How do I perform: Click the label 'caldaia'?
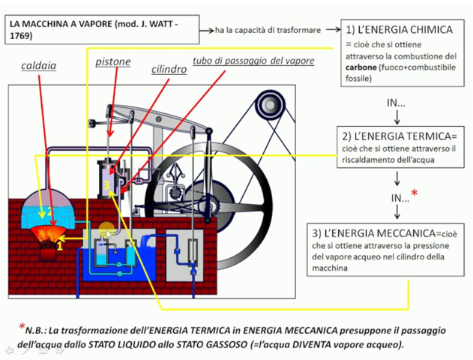click(x=38, y=66)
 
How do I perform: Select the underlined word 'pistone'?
click(x=113, y=61)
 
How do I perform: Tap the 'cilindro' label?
click(x=169, y=69)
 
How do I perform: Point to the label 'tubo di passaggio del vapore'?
click(x=253, y=60)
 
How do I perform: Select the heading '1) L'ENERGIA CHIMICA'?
click(x=399, y=30)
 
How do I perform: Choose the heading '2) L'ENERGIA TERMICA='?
click(x=398, y=136)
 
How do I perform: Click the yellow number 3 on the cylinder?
click(x=106, y=184)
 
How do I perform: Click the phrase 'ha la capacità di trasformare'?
click(x=268, y=30)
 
